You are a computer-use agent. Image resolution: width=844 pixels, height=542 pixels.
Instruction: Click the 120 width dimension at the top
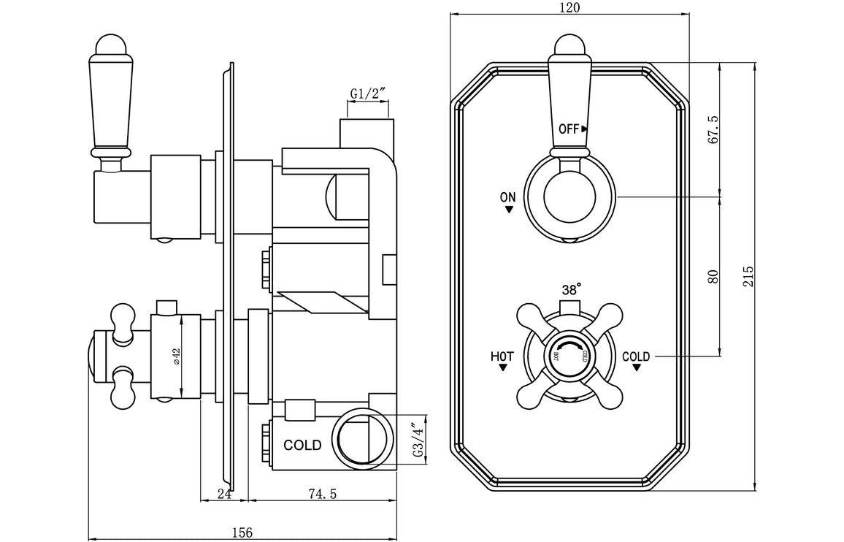(x=569, y=7)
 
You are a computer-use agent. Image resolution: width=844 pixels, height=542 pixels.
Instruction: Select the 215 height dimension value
(x=748, y=276)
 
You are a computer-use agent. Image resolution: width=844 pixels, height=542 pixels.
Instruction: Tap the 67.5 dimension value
(x=714, y=129)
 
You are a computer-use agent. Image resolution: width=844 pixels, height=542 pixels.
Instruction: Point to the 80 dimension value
(x=714, y=276)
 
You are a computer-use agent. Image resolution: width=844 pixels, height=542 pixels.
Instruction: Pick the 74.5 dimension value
(x=322, y=494)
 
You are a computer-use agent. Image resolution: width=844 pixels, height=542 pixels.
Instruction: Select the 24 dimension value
(x=224, y=494)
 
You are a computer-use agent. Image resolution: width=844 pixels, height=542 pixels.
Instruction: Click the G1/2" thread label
(x=367, y=93)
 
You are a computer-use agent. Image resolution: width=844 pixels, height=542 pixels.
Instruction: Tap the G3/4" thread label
(x=418, y=440)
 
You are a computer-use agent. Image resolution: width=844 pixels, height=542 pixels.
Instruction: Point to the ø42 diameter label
(x=176, y=356)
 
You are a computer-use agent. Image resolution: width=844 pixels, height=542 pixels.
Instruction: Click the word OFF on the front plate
(x=569, y=129)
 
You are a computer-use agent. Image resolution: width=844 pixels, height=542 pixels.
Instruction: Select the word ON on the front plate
(x=508, y=196)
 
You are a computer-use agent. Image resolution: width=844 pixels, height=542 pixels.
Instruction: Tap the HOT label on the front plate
(x=502, y=356)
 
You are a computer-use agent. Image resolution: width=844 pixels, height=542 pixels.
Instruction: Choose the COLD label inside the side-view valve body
(x=302, y=445)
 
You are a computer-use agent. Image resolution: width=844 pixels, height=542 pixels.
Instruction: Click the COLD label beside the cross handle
(x=636, y=356)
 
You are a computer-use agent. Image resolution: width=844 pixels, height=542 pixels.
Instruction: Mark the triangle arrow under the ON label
(x=508, y=210)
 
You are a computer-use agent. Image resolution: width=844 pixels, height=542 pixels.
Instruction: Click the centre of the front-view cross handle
(x=571, y=355)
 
